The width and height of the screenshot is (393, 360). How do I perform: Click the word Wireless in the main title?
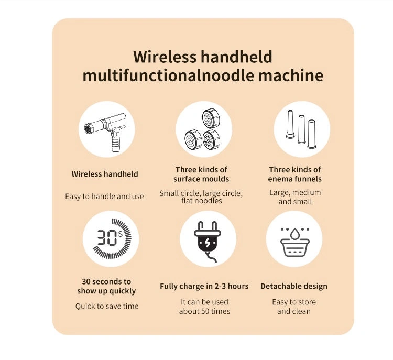tap(165, 57)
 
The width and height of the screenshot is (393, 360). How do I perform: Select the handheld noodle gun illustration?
tap(106, 132)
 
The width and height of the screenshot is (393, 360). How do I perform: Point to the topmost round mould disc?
tap(211, 119)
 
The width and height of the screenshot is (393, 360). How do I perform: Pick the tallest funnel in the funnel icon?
tap(290, 124)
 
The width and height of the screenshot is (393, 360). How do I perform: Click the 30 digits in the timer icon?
tap(107, 237)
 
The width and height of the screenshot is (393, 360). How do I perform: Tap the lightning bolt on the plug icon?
tap(208, 243)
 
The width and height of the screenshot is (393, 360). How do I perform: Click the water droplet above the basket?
tap(294, 233)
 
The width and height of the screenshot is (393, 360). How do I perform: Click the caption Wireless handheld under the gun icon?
tap(105, 174)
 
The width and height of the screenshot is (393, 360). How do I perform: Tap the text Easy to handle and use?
tap(104, 197)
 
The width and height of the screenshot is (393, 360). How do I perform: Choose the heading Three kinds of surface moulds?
tap(201, 174)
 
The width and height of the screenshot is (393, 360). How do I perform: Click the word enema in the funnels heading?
tap(279, 179)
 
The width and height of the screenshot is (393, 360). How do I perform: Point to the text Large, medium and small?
tap(295, 197)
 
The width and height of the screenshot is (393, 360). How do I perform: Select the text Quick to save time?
tap(107, 306)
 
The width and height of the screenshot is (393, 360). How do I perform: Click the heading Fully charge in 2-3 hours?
tap(204, 286)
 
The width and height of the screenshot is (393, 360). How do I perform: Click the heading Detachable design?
tap(294, 286)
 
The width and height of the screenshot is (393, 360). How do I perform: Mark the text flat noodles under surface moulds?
tap(202, 201)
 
